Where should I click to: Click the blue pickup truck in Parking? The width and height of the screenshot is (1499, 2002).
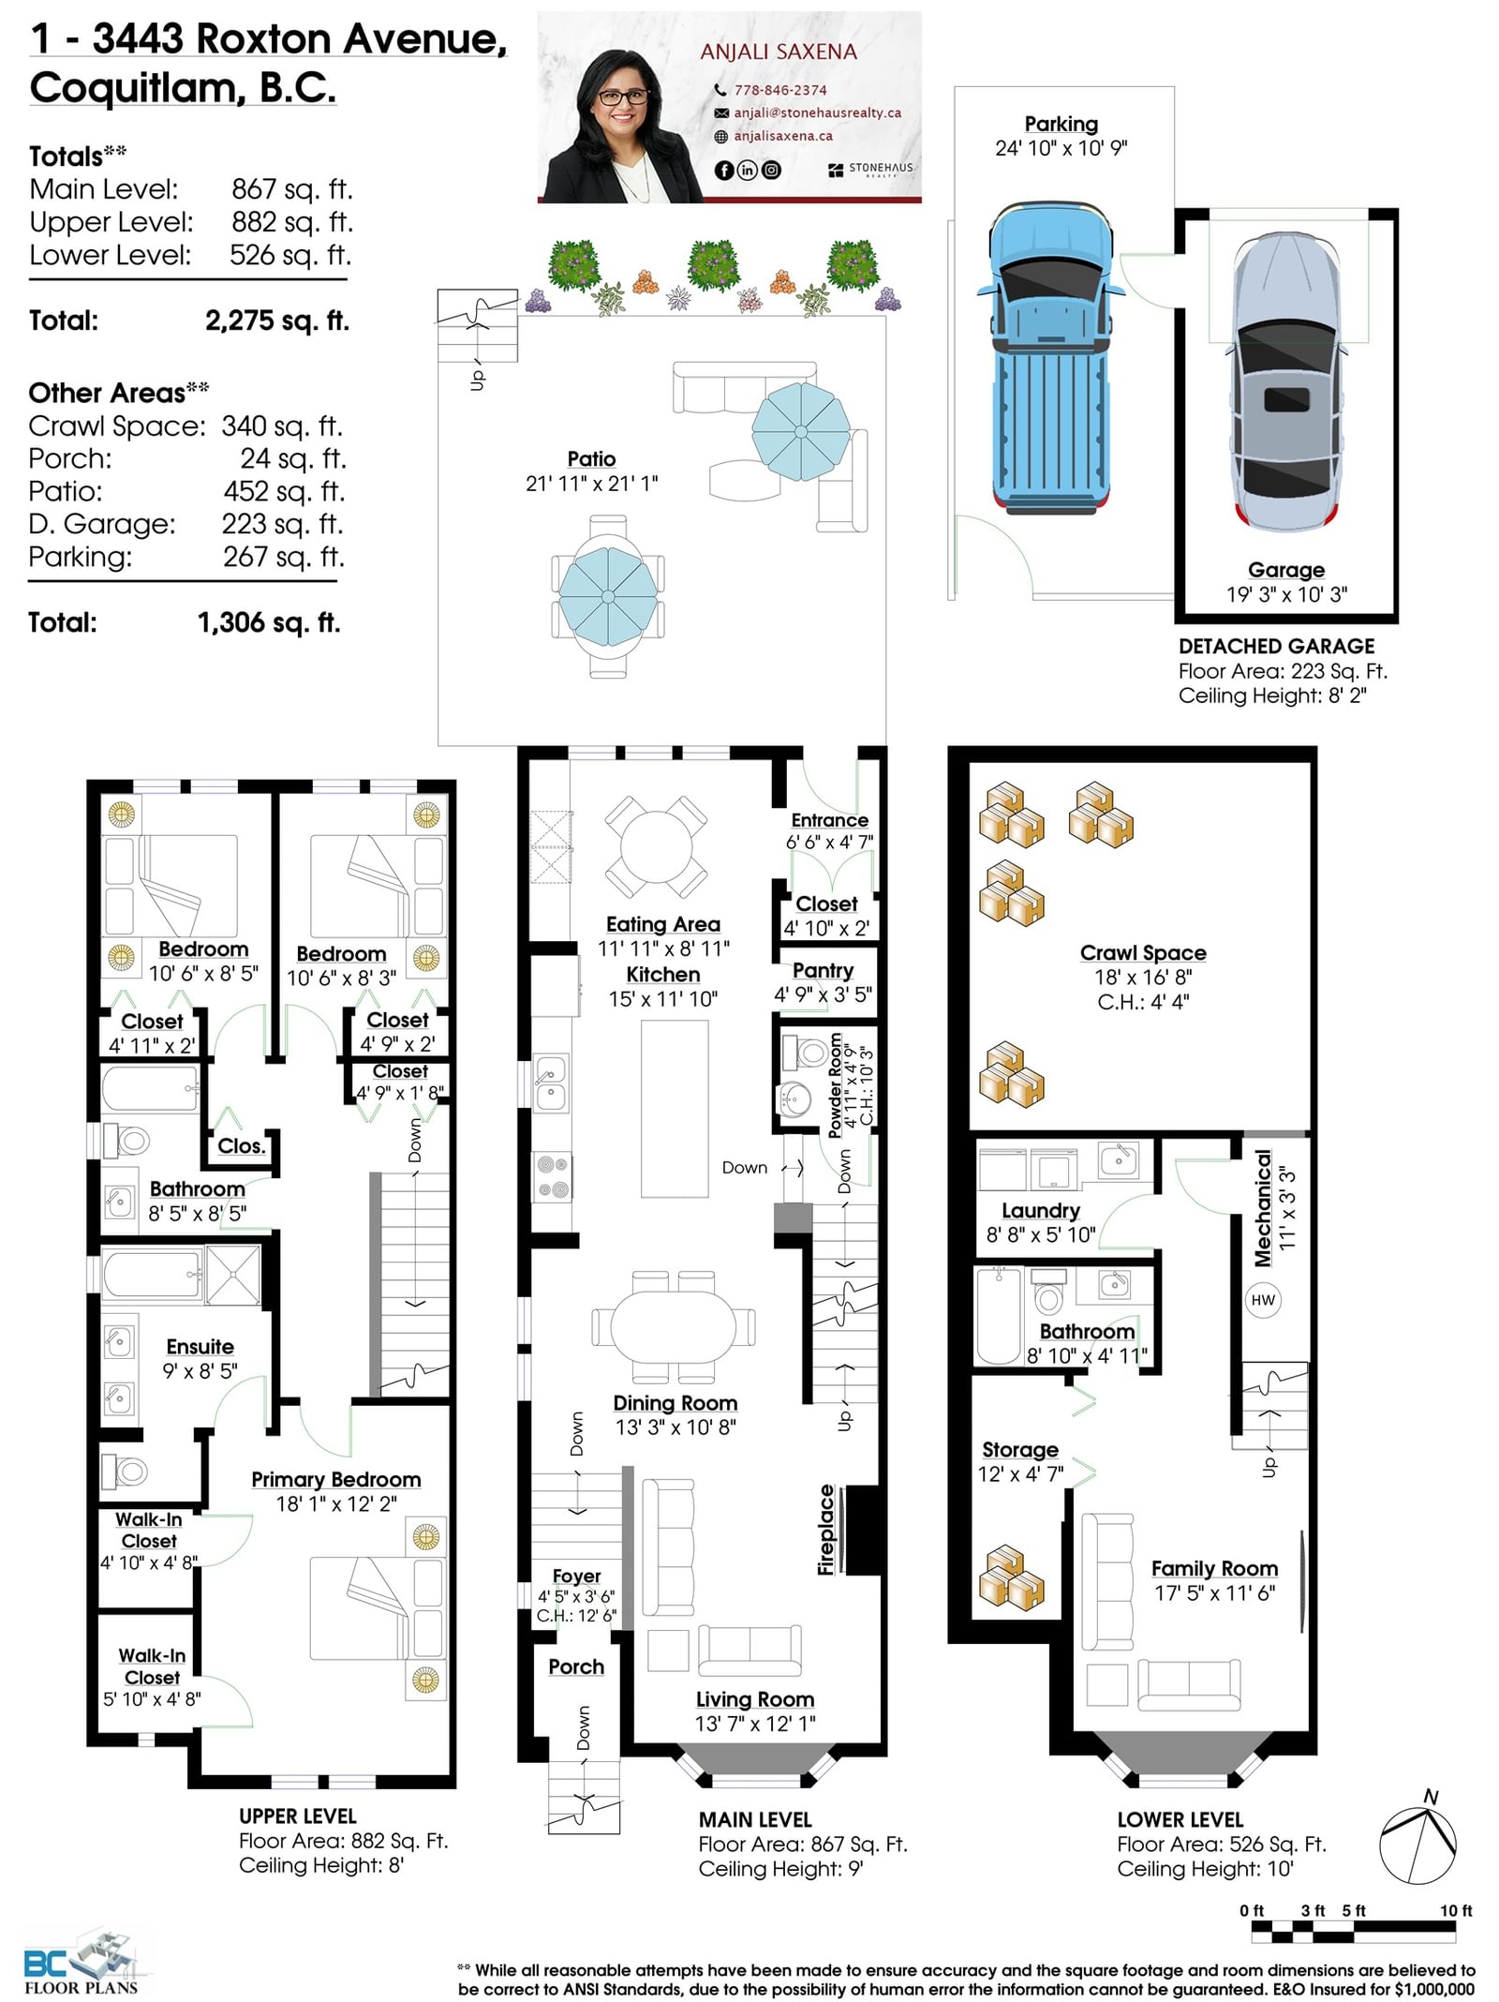pos(1051,357)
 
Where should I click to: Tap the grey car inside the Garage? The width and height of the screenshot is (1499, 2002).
pos(1286,381)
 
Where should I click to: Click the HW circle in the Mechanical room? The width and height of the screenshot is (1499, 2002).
pos(1263,1300)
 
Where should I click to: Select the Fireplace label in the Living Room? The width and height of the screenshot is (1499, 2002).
pos(825,1530)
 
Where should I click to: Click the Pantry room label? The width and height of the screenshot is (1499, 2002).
pos(823,970)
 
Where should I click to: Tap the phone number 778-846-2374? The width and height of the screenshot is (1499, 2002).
pos(780,90)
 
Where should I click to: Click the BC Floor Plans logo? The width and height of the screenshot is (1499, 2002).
pos(82,1963)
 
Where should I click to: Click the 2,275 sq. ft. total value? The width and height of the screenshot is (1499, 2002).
pos(277,321)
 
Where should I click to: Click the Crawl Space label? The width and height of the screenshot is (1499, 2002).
pos(1143,952)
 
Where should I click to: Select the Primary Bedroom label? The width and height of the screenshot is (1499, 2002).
pos(335,1479)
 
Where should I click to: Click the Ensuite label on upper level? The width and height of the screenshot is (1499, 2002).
pos(200,1346)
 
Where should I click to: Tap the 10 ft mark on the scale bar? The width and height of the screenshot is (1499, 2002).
pos(1456,1910)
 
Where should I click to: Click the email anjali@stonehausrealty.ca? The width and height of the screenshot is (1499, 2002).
pos(817,112)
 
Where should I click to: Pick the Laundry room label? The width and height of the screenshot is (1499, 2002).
pos(1040,1210)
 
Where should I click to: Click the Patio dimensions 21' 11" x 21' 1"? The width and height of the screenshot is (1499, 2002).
pos(591,484)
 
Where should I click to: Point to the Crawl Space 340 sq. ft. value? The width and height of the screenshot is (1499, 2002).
pos(282,426)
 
